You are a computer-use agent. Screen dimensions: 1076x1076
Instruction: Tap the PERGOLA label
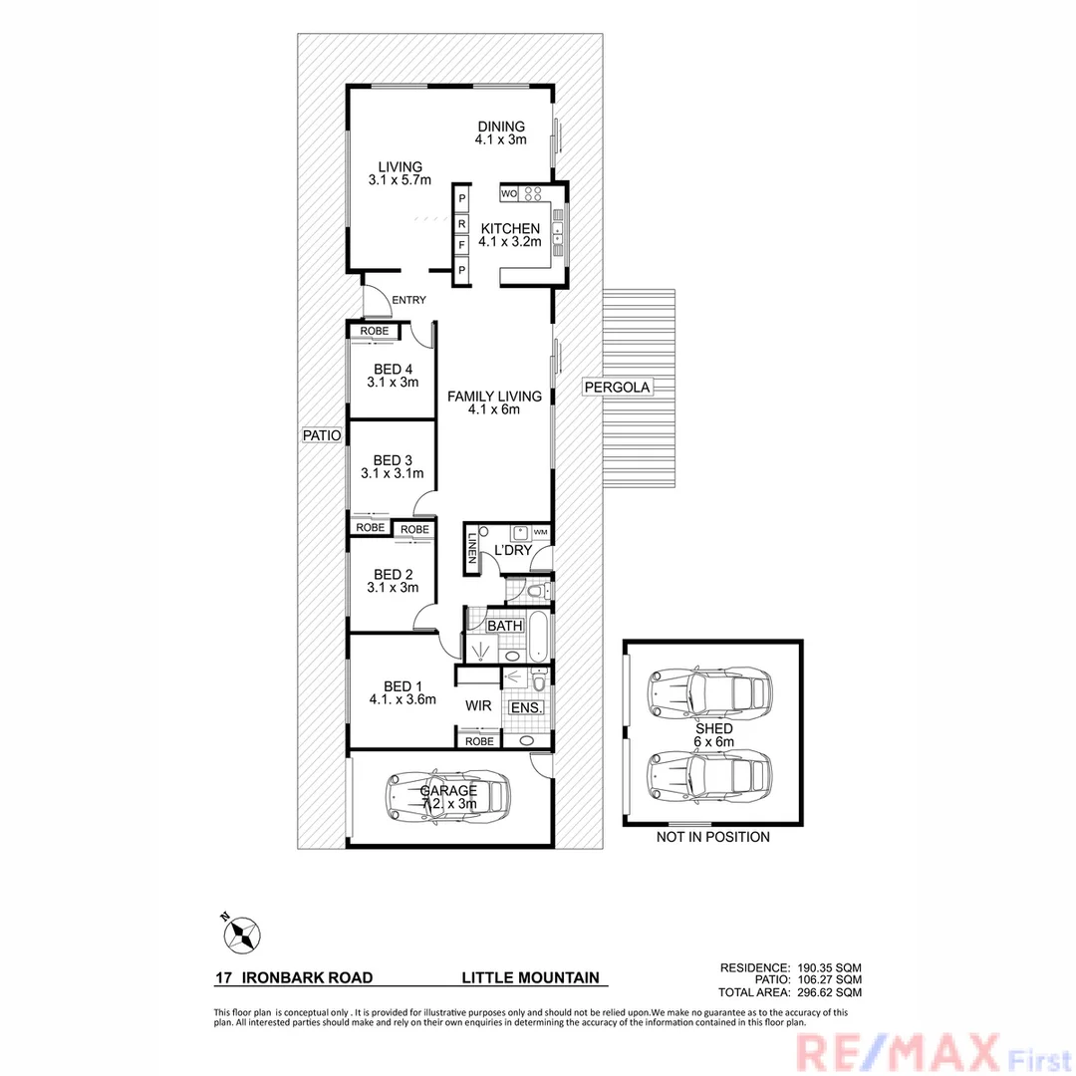point(618,387)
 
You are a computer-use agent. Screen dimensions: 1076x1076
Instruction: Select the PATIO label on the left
point(323,435)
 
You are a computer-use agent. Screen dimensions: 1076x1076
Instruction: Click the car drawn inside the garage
point(447,794)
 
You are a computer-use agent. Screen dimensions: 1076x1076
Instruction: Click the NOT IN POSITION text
point(712,837)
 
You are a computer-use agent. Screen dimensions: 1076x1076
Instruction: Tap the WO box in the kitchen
point(507,192)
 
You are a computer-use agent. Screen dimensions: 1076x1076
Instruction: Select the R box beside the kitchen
point(461,223)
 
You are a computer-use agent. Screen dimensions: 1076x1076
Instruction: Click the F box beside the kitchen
point(461,245)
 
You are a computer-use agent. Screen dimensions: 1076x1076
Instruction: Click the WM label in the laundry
point(540,533)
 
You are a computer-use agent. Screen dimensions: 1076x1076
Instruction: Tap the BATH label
point(504,626)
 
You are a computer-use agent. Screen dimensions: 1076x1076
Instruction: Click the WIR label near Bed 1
point(475,705)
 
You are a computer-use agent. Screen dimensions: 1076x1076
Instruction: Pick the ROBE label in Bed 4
point(374,331)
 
